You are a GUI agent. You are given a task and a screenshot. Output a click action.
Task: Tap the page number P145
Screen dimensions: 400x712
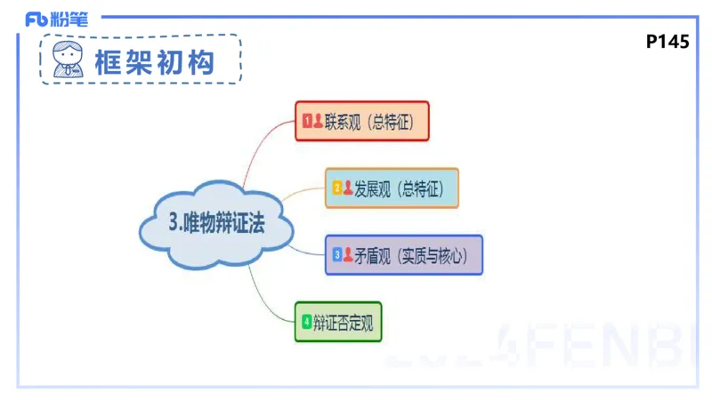point(667,42)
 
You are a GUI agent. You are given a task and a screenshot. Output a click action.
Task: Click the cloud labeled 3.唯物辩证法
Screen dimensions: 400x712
point(216,225)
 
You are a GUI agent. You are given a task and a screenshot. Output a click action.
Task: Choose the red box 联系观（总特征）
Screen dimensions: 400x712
point(362,121)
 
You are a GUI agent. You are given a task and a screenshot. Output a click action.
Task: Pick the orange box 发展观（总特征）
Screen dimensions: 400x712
point(392,188)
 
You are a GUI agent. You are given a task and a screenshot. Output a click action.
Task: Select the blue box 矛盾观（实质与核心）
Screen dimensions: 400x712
point(403,255)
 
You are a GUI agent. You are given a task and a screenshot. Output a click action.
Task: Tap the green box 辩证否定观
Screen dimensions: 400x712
point(338,322)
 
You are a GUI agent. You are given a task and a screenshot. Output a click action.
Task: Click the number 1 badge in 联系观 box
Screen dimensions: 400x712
point(307,121)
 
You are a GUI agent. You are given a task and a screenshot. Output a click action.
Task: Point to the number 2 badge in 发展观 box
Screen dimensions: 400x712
point(336,188)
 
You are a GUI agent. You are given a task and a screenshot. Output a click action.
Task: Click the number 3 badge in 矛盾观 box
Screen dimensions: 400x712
point(336,255)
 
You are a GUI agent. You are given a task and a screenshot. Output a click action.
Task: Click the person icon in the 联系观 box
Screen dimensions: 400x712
point(318,121)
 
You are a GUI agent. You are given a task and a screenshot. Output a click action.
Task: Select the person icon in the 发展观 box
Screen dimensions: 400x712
point(347,188)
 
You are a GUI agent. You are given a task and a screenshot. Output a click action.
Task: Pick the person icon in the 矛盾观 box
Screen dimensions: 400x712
point(347,255)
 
